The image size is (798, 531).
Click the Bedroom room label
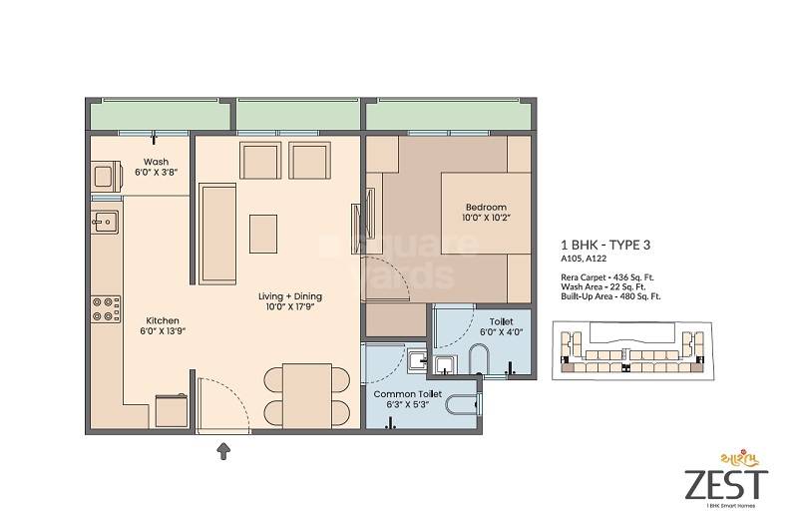(x=485, y=207)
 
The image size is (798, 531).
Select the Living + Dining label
(x=289, y=296)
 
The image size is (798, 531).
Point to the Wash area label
(x=156, y=161)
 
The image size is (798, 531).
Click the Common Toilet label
(x=402, y=394)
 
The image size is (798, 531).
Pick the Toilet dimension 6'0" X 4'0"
(x=501, y=331)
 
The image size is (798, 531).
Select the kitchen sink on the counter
(x=105, y=222)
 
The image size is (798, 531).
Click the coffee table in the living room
(x=263, y=234)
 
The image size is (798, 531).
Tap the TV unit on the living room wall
(x=356, y=229)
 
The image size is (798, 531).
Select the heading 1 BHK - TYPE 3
(x=608, y=245)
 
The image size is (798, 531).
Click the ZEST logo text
(x=725, y=484)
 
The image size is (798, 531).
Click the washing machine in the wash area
(x=105, y=177)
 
